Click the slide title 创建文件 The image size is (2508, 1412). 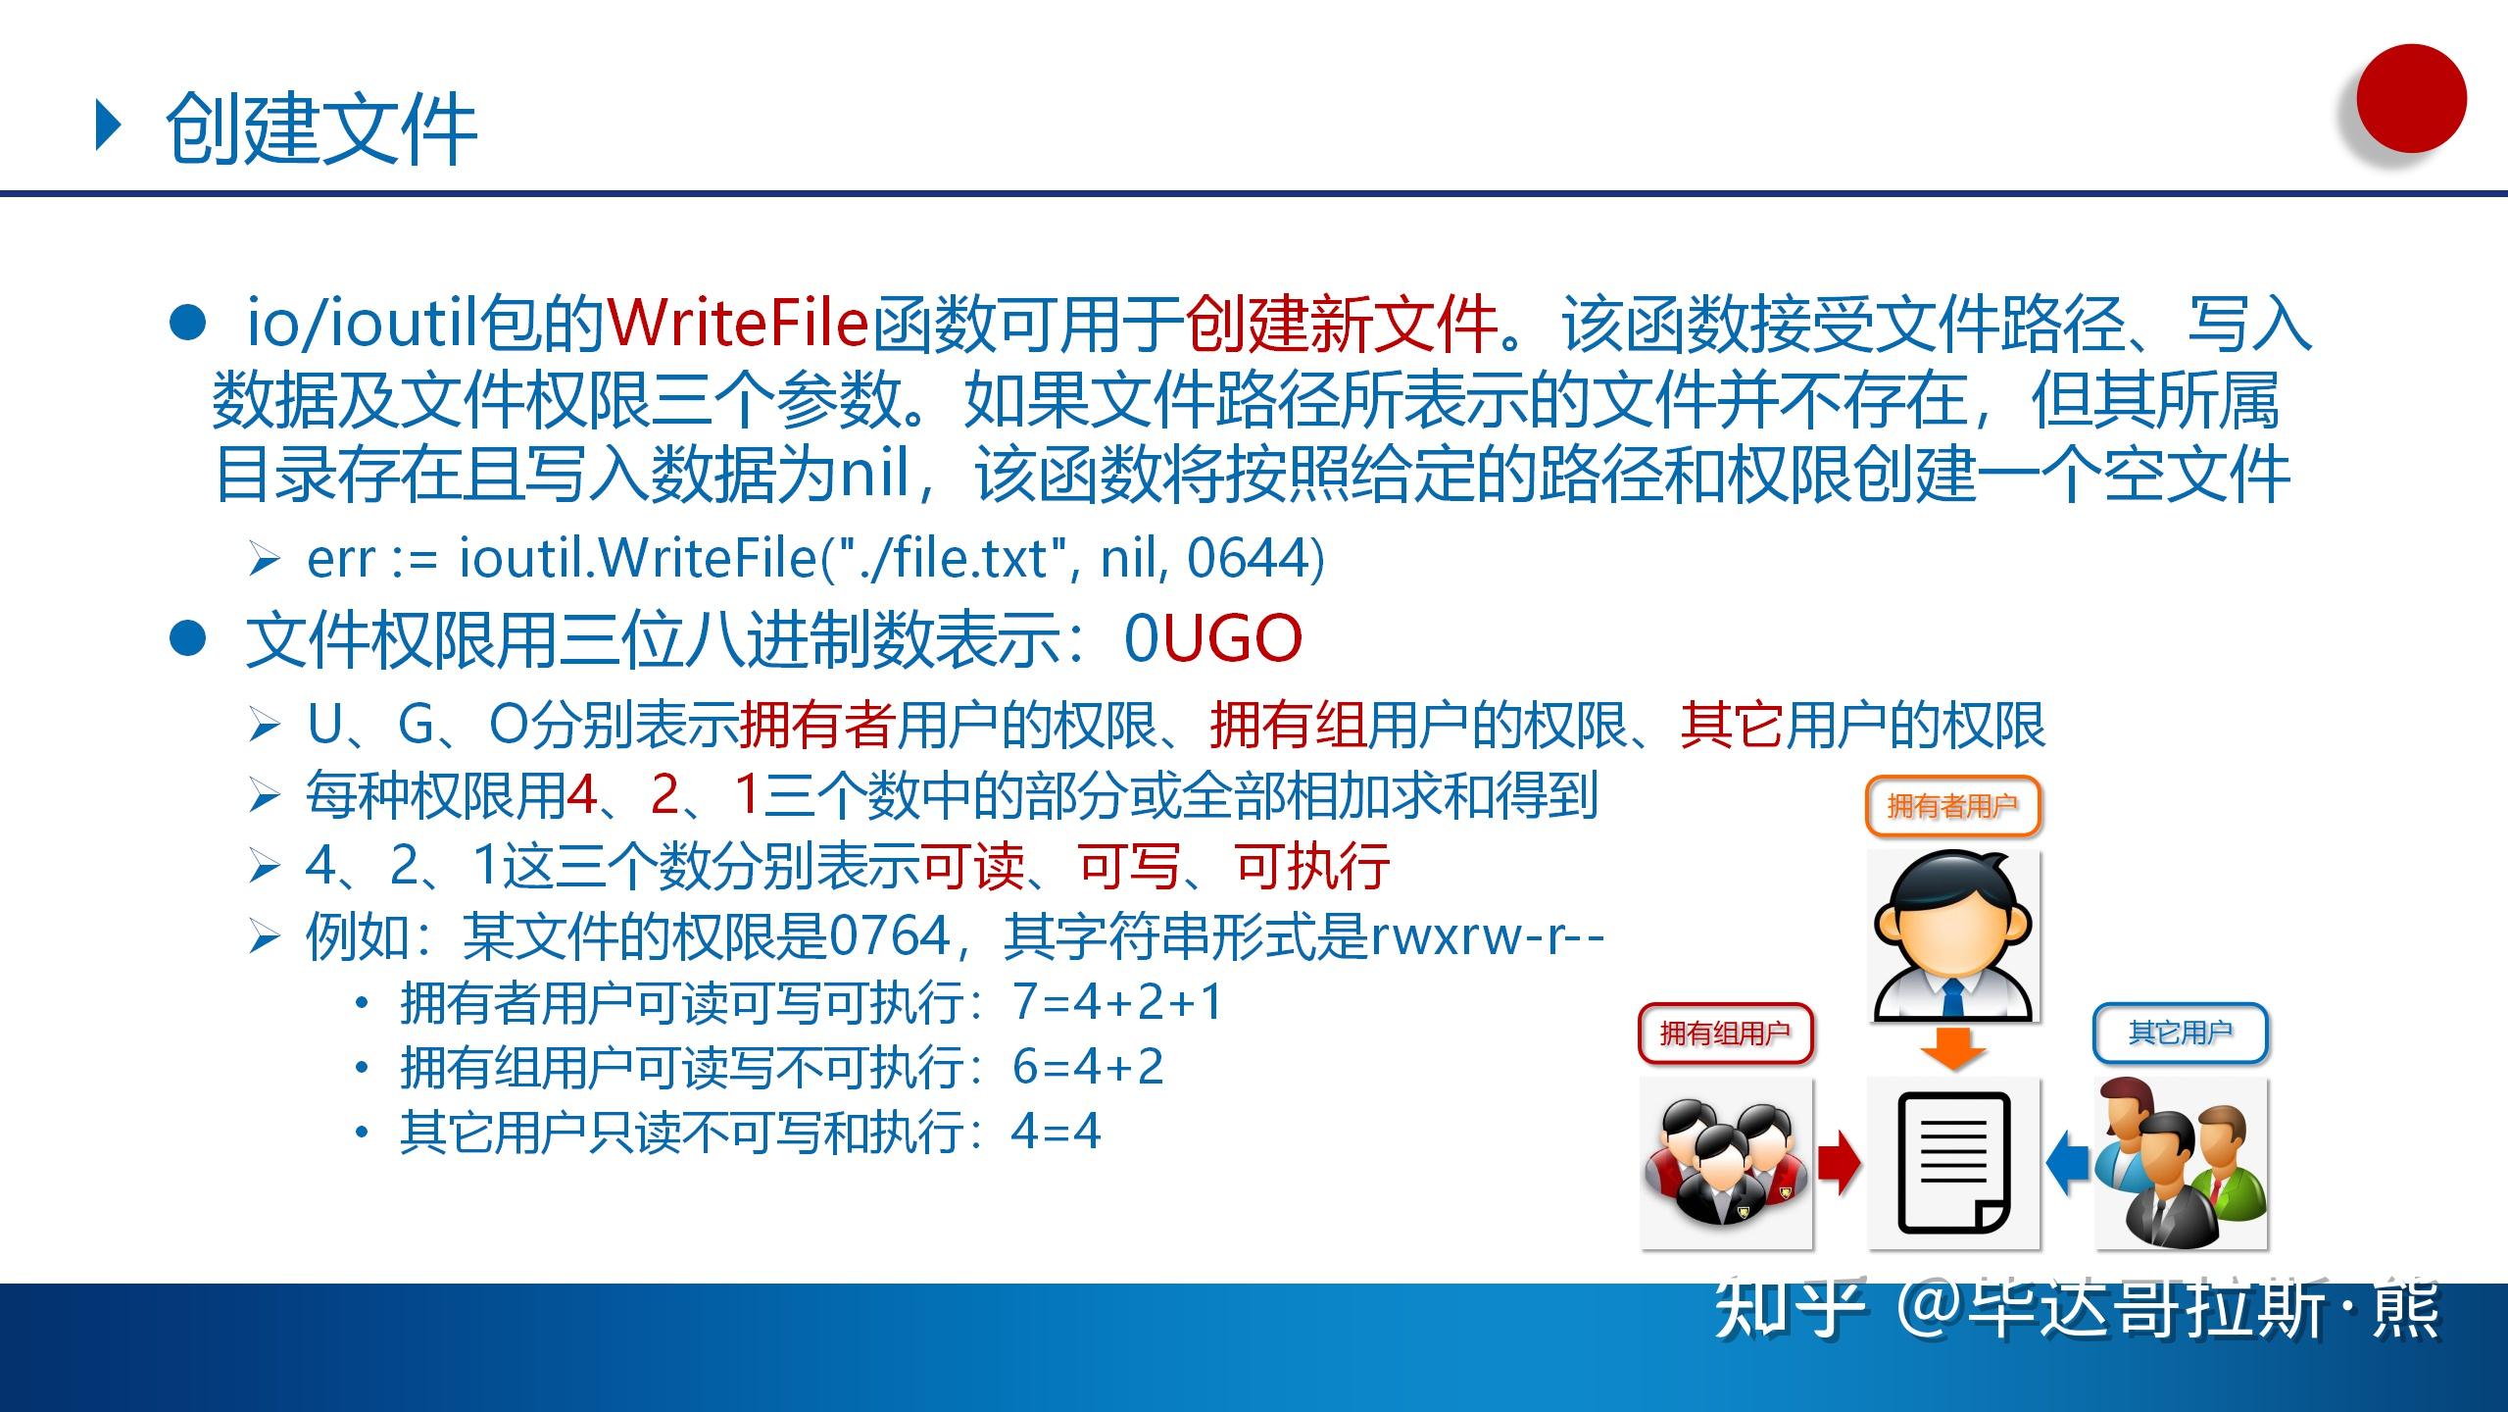click(x=320, y=130)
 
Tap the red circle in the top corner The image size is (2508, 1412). click(x=2410, y=99)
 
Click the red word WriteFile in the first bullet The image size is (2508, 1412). click(x=738, y=324)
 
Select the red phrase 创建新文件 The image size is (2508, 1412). click(x=1341, y=324)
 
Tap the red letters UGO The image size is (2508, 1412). click(x=1232, y=638)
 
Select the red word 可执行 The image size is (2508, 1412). click(x=1312, y=867)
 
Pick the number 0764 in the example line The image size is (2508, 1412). click(x=890, y=936)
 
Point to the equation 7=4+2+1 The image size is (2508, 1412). click(x=1118, y=1002)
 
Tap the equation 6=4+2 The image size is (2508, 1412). click(x=1088, y=1067)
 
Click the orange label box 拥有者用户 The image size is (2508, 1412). click(x=1952, y=806)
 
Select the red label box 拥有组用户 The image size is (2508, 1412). click(x=1725, y=1034)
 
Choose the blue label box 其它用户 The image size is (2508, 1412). click(x=2181, y=1033)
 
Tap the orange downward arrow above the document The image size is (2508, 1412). click(x=1953, y=1048)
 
